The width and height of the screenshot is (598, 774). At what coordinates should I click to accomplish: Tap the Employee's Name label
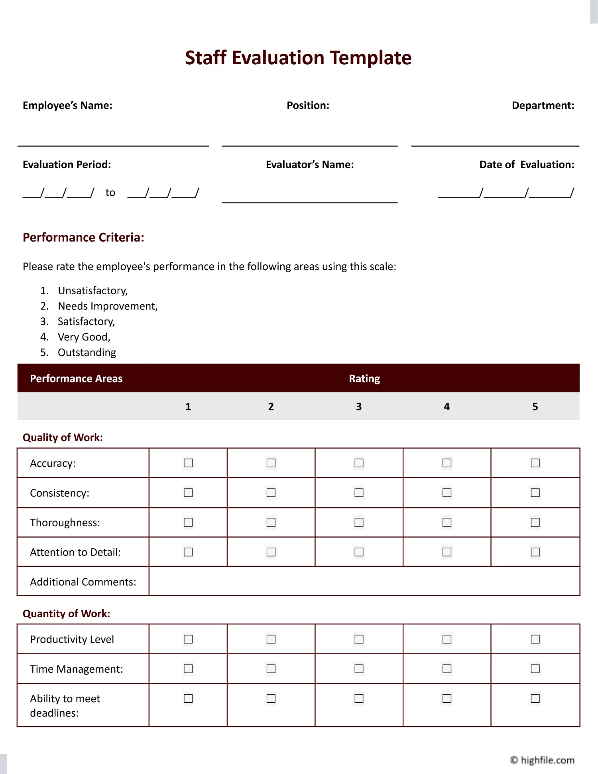click(x=67, y=105)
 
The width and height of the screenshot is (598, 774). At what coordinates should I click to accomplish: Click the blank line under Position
click(x=309, y=145)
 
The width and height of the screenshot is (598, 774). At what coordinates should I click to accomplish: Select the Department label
click(x=543, y=105)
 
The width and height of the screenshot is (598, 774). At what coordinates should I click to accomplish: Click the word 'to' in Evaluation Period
click(x=110, y=193)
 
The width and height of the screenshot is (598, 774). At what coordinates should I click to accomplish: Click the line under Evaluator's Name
click(x=309, y=202)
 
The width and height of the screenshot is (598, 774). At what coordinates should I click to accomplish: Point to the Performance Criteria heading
click(x=83, y=237)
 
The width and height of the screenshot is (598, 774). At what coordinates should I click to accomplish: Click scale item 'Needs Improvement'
click(x=107, y=306)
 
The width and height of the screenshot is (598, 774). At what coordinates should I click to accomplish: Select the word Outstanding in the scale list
click(x=87, y=353)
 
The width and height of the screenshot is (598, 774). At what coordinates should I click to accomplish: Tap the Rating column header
click(x=364, y=378)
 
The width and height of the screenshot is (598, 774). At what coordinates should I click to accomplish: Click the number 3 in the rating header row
click(x=359, y=407)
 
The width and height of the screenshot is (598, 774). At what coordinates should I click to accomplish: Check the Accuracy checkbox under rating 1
click(x=188, y=463)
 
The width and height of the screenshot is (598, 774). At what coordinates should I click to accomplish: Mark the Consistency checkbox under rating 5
click(x=535, y=493)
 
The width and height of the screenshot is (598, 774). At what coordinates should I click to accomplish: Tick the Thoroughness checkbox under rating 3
click(x=359, y=522)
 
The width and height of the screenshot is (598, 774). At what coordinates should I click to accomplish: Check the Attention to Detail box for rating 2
click(x=271, y=552)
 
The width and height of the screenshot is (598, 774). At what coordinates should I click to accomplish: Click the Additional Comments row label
click(x=83, y=582)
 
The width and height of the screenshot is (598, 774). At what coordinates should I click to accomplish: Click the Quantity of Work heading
click(x=66, y=614)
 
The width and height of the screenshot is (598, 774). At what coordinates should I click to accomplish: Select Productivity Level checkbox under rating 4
click(x=447, y=639)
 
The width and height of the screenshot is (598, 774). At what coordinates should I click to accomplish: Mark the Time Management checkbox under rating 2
click(x=271, y=669)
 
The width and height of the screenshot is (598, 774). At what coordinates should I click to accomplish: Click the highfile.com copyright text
click(x=542, y=760)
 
